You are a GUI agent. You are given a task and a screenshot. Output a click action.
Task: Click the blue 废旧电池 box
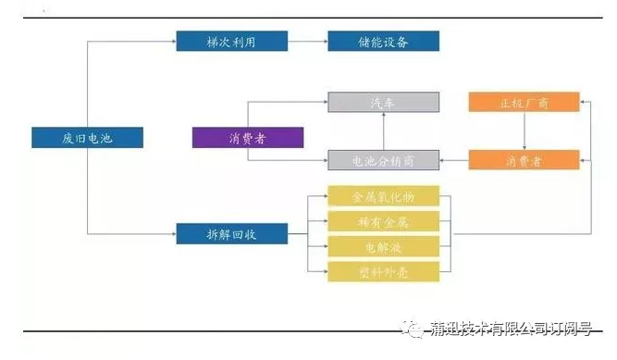(87, 138)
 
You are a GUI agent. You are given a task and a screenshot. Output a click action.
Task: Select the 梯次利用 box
(231, 42)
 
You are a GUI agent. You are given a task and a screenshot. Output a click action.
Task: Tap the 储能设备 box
(383, 42)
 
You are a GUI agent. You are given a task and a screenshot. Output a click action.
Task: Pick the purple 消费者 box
(248, 138)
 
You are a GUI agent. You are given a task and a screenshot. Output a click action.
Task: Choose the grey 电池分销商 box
(383, 160)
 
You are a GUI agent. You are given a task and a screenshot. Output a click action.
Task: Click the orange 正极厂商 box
(524, 103)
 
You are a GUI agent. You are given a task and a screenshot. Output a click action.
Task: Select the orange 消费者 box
(524, 160)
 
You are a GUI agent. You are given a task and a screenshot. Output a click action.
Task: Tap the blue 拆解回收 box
(231, 234)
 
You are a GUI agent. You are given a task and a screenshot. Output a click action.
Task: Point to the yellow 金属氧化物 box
(383, 197)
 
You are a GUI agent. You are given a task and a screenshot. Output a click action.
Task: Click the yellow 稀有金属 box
(383, 222)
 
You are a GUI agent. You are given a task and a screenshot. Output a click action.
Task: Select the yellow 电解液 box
(383, 247)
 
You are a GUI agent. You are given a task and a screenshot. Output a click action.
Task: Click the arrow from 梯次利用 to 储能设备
(307, 42)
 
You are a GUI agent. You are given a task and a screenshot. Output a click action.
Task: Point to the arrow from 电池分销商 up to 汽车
(383, 131)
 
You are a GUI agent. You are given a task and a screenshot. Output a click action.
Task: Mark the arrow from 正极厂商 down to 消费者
(524, 131)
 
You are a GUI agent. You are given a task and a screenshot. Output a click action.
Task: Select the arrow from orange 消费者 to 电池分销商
(453, 160)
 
